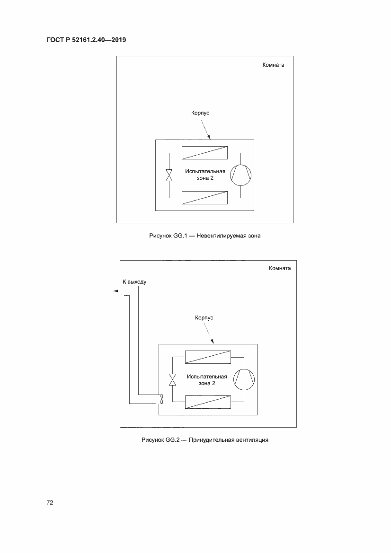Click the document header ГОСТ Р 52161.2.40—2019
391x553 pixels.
(x=86, y=40)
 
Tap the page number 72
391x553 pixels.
(x=50, y=502)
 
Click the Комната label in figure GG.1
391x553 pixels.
(x=273, y=65)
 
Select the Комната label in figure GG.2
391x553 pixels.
(x=280, y=268)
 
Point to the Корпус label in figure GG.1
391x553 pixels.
(x=200, y=113)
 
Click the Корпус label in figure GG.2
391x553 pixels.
(x=204, y=318)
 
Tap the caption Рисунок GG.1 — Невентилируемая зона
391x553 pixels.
(x=204, y=236)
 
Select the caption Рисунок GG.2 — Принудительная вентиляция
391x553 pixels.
(x=204, y=440)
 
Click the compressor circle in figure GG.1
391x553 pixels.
(x=241, y=175)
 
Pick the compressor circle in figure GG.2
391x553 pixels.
(x=244, y=379)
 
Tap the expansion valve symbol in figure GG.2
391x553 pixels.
(x=173, y=379)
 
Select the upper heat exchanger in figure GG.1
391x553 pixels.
(x=204, y=153)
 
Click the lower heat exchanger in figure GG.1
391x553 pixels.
(x=204, y=198)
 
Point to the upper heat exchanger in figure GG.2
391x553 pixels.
(x=208, y=357)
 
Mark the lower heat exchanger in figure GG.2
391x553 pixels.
(x=208, y=402)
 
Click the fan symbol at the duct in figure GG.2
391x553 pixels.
(x=162, y=399)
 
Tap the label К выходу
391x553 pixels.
(x=134, y=282)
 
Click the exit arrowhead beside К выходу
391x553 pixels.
(x=116, y=291)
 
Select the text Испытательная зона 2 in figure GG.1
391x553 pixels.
(x=205, y=175)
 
